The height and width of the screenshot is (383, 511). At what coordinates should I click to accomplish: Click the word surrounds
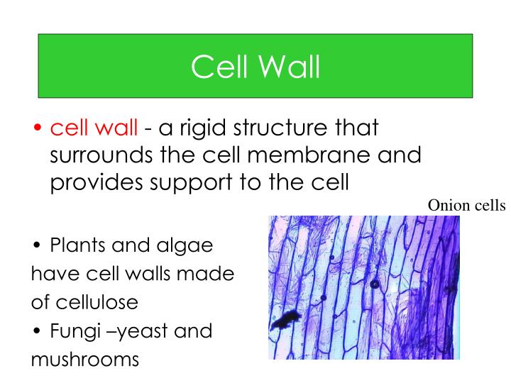coord(101,156)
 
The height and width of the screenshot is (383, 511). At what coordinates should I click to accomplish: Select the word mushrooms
coord(84,358)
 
